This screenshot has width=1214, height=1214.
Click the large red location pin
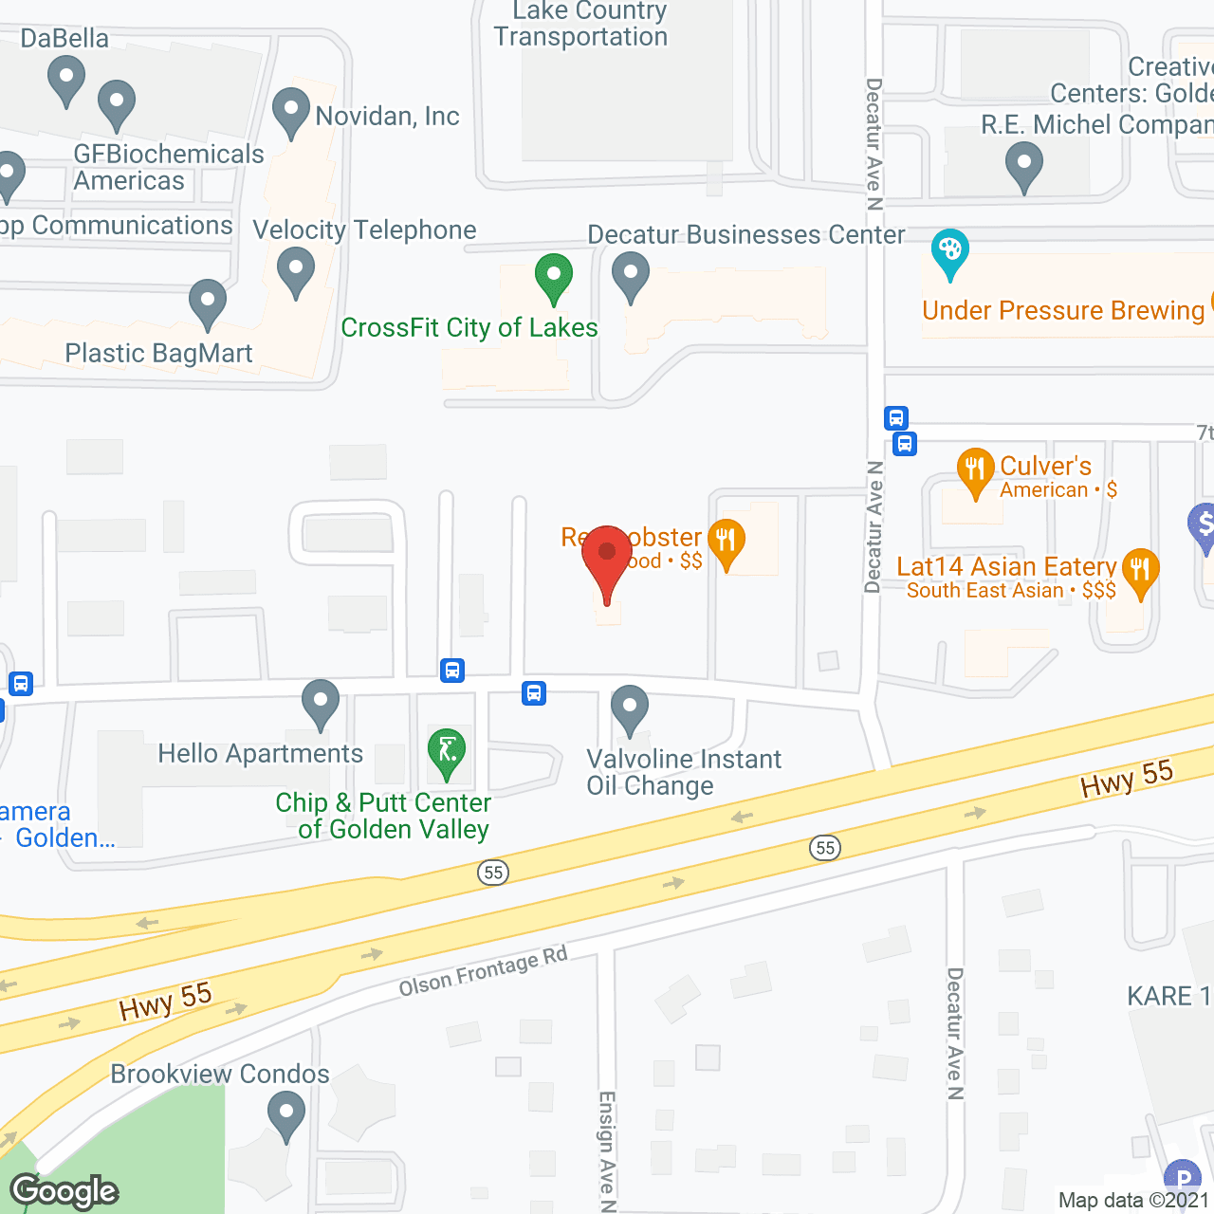click(x=607, y=560)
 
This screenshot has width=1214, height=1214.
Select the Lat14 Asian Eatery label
click(x=1006, y=567)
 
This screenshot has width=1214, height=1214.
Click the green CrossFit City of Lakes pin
click(x=553, y=277)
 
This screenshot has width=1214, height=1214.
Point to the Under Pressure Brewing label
click(x=1063, y=311)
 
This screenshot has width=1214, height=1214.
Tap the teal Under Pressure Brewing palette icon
click(x=949, y=252)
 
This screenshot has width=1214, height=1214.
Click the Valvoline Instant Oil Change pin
click(x=629, y=709)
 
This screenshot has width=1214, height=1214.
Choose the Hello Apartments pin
click(x=321, y=704)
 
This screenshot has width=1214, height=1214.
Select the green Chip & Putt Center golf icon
click(x=446, y=751)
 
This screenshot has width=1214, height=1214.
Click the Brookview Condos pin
click(x=285, y=1113)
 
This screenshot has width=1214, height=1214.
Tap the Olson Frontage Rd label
click(x=483, y=972)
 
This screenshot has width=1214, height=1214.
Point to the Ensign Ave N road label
click(x=607, y=1150)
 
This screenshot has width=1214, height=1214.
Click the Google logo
click(x=64, y=1191)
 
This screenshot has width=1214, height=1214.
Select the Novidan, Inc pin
click(x=291, y=112)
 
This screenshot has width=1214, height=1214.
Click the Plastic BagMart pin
click(x=207, y=303)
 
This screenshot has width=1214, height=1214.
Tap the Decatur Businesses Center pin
click(x=630, y=276)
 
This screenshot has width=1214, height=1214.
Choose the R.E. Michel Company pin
click(x=1023, y=165)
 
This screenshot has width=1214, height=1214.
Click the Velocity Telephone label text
click(x=365, y=230)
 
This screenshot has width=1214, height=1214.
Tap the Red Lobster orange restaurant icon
click(x=727, y=543)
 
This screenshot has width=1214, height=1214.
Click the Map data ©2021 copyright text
click(x=1134, y=1201)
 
